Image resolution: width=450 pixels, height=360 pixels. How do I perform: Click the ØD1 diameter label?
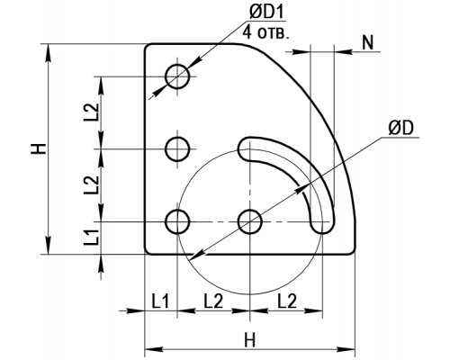266,13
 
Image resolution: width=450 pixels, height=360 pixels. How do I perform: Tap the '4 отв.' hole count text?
265,31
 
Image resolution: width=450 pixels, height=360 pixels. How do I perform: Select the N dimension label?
368,42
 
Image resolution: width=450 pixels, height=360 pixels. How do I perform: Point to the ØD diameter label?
400,128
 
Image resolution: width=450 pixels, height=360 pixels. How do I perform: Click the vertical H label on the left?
39,148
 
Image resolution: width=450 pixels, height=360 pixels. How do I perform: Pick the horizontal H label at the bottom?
249,341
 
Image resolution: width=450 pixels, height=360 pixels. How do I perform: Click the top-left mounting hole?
177,76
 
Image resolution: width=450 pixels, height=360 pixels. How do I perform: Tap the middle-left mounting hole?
177,149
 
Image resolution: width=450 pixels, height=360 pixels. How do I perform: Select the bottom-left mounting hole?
177,221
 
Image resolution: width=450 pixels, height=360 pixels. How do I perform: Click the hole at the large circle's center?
250,221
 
